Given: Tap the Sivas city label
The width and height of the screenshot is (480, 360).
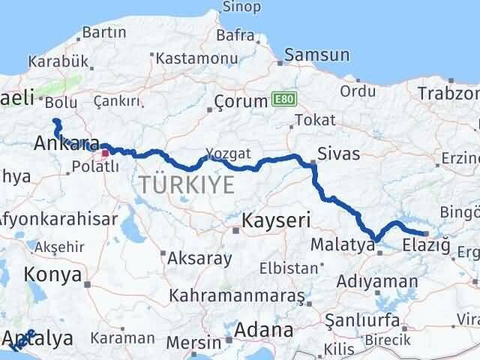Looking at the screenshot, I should tap(338, 154).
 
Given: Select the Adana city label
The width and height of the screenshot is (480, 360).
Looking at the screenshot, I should tap(263, 329).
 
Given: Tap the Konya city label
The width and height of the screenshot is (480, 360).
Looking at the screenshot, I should tap(52, 274).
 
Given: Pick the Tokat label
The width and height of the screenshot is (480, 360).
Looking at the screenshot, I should tap(315, 119).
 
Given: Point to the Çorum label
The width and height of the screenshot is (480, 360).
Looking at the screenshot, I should tap(240, 100).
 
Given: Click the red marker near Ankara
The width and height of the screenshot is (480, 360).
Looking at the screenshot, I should tap(106, 153).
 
